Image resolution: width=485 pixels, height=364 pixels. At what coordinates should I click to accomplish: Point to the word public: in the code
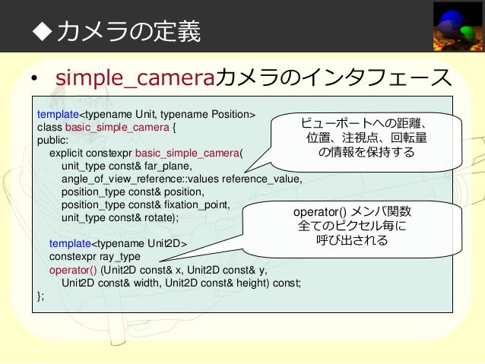click(x=52, y=140)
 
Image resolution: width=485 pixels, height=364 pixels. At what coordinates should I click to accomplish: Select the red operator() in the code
click(x=73, y=269)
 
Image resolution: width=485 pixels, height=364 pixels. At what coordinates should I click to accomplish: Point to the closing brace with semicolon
click(x=40, y=295)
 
